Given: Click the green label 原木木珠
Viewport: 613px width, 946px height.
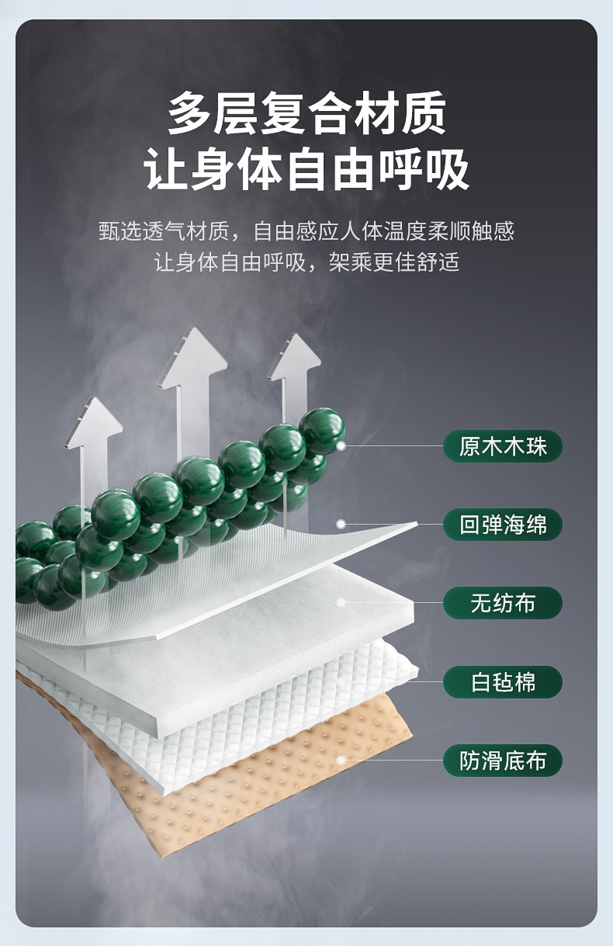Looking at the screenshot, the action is tap(502, 446).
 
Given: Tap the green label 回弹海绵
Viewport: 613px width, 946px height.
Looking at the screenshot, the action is tap(502, 525).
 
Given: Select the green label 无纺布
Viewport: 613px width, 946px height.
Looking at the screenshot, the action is tap(502, 603).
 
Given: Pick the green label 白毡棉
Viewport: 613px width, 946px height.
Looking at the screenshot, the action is tap(502, 682).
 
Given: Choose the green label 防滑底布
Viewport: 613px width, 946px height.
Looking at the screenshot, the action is tap(502, 761).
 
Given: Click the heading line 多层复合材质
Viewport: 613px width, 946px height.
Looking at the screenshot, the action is tap(306, 113).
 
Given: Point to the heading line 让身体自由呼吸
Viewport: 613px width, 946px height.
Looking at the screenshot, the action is tap(306, 171).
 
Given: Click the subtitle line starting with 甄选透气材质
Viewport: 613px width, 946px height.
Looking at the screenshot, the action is tap(306, 230).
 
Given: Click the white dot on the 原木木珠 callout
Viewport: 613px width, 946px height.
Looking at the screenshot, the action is tap(341, 446).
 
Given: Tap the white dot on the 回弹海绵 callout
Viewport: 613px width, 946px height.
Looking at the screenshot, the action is tap(341, 525).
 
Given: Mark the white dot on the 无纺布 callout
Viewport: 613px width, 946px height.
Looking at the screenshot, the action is tap(341, 603).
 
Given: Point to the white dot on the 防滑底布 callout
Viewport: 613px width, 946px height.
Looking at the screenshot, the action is tap(341, 761).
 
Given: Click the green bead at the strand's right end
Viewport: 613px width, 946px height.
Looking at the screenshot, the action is tap(322, 430).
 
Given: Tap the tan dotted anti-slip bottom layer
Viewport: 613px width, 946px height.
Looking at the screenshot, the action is tap(256, 784).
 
